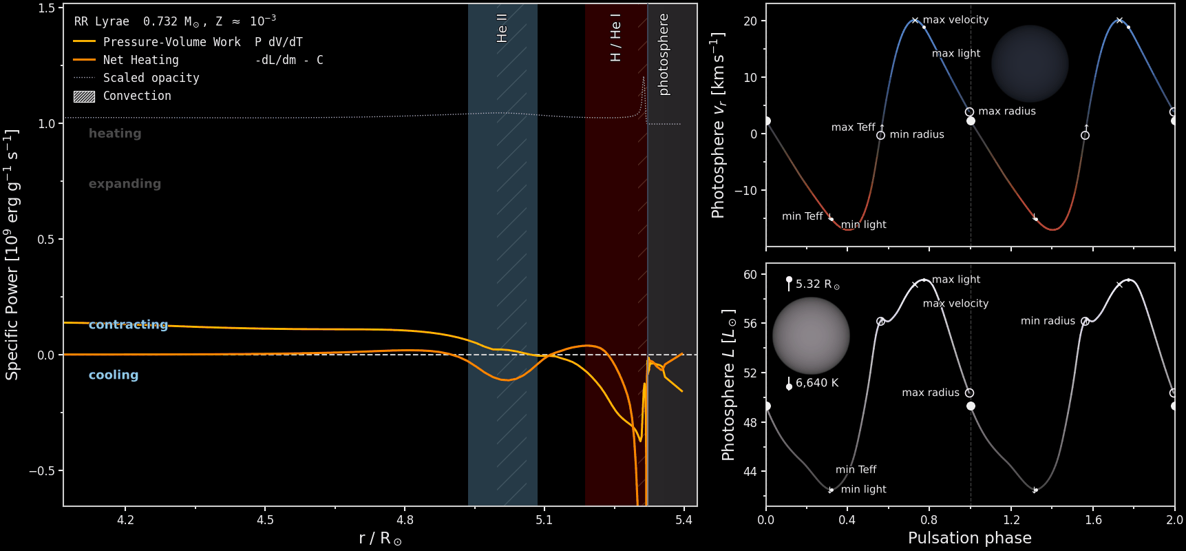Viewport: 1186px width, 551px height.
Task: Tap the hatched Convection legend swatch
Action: [x=84, y=96]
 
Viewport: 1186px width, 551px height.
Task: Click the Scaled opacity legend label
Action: [x=151, y=78]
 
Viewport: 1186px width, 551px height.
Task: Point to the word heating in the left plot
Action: [x=115, y=134]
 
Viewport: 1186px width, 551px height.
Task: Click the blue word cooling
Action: [x=114, y=375]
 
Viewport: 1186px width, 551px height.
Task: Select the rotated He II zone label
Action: [x=502, y=28]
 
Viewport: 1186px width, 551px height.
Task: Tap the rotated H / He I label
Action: [x=615, y=37]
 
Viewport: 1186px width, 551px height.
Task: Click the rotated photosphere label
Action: [x=664, y=54]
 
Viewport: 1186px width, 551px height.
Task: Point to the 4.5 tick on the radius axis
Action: [x=265, y=520]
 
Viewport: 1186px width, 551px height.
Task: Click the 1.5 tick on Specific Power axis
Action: [x=46, y=8]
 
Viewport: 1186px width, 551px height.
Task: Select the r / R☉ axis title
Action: [x=380, y=539]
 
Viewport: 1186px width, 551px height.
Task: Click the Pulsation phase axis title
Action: [x=970, y=538]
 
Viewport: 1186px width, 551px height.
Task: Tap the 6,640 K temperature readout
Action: [x=817, y=383]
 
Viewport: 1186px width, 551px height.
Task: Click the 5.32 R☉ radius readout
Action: [x=818, y=284]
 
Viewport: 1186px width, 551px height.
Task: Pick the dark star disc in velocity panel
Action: [x=1030, y=63]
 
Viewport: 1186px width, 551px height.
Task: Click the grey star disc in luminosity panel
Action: [x=811, y=335]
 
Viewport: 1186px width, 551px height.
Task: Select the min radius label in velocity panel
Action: [x=917, y=134]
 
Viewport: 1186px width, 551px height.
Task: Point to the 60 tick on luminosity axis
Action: [x=750, y=275]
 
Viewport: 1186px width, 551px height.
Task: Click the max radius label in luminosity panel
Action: [x=931, y=393]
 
